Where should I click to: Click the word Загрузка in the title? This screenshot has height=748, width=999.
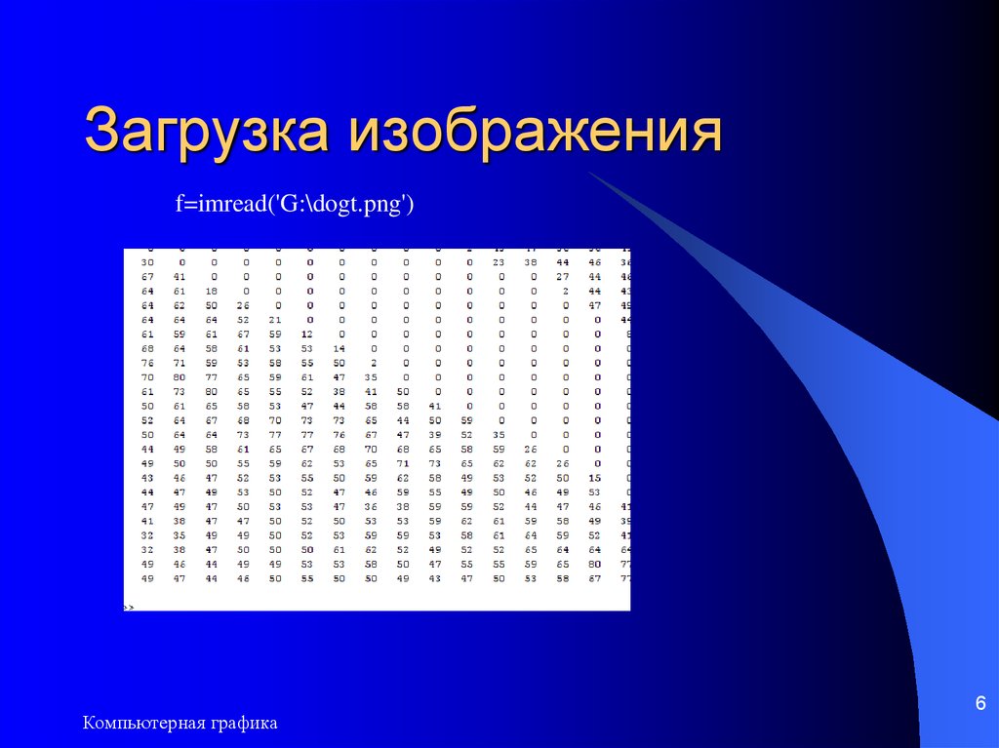click(x=208, y=134)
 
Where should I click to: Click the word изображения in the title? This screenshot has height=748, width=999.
click(x=534, y=134)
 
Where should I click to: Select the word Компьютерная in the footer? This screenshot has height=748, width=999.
click(x=143, y=723)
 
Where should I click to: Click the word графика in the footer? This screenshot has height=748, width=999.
click(x=243, y=723)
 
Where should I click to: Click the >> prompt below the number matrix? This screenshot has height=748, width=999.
click(x=129, y=607)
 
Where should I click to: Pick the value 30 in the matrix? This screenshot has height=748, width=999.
click(x=147, y=262)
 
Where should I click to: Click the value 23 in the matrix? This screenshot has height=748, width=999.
click(x=499, y=262)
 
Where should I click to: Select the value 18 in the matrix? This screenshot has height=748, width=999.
click(x=212, y=291)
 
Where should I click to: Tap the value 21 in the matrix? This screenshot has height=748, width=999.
click(x=275, y=319)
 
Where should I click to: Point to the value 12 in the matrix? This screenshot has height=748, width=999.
click(x=307, y=334)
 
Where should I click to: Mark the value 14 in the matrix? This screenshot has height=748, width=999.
click(x=340, y=348)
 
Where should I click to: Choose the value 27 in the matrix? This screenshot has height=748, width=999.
click(x=563, y=277)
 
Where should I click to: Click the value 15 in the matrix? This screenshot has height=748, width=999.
click(x=594, y=478)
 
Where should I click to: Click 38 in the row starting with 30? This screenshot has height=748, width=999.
click(x=531, y=262)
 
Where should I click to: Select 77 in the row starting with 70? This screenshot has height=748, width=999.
click(x=212, y=376)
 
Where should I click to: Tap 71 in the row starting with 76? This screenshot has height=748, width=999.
click(x=180, y=362)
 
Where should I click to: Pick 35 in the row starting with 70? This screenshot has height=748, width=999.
click(x=371, y=376)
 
